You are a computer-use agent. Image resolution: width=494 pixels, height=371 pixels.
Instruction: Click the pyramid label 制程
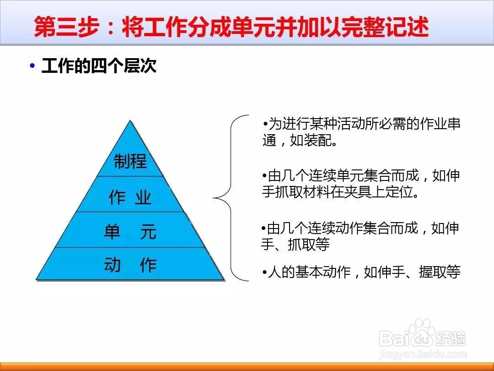click(x=130, y=161)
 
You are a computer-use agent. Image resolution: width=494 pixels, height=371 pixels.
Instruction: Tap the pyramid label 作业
click(x=130, y=197)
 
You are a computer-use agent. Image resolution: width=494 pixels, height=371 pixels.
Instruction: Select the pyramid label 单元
click(x=130, y=232)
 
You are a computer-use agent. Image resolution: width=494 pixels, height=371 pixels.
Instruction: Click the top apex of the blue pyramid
click(x=130, y=120)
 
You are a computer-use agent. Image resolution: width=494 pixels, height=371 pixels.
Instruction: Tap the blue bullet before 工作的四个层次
click(x=32, y=65)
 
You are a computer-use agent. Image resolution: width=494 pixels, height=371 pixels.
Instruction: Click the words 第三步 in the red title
click(x=66, y=27)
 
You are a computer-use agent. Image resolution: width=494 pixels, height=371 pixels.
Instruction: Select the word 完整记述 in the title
click(x=376, y=27)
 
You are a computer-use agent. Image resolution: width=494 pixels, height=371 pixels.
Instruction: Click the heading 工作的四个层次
click(x=99, y=66)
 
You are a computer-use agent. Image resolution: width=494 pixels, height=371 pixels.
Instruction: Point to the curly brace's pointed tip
click(x=214, y=198)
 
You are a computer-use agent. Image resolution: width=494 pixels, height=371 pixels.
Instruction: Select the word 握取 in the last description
click(x=433, y=272)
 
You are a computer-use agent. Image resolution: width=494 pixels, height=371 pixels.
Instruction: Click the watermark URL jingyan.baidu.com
click(x=423, y=355)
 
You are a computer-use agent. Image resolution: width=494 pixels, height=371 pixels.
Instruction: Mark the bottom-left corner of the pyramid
click(x=37, y=280)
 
